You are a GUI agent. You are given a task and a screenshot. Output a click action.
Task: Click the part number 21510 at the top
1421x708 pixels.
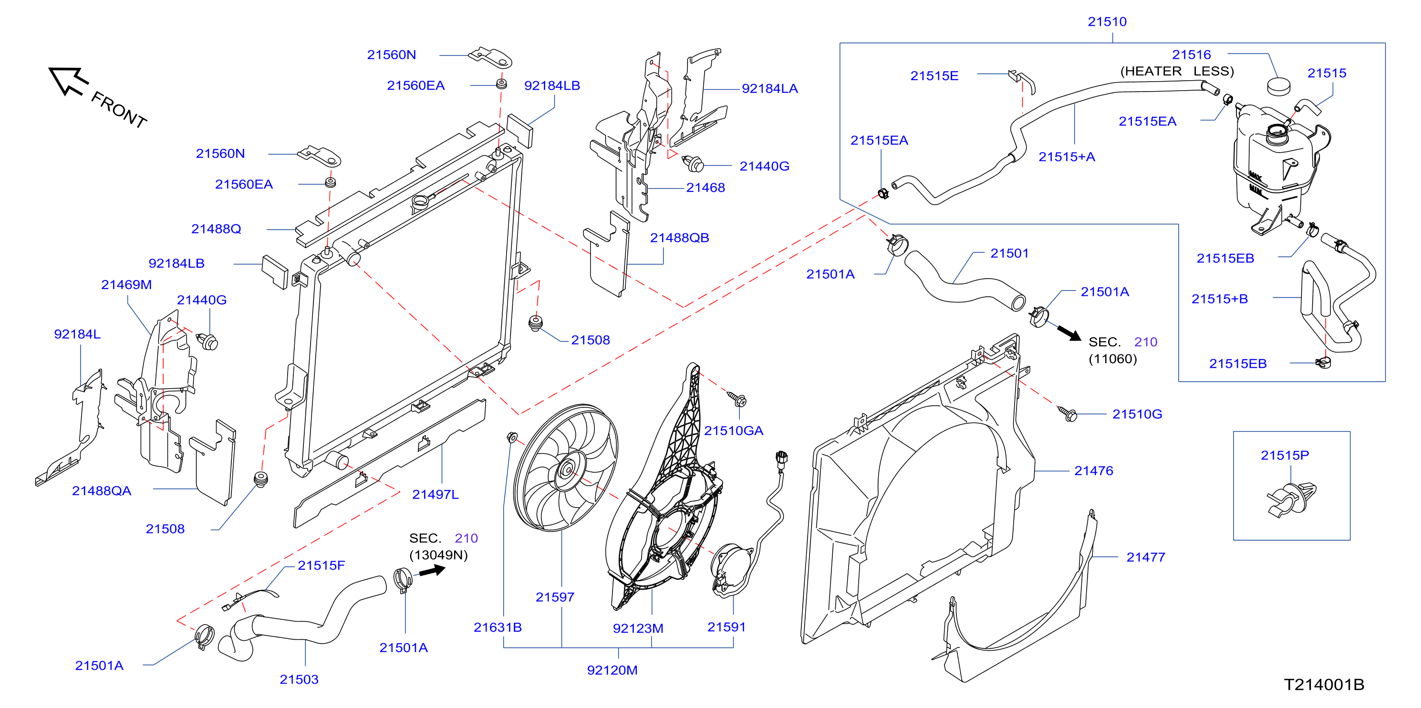point(1107,21)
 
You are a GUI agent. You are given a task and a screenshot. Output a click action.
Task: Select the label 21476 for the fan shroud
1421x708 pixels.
point(1093,471)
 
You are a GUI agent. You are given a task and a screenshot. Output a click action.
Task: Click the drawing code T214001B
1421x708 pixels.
point(1324,684)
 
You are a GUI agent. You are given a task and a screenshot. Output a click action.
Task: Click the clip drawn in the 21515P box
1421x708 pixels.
point(1291,500)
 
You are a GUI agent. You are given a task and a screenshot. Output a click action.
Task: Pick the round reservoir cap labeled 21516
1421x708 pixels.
point(1279,86)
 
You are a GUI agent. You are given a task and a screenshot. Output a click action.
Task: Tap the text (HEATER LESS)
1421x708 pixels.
point(1177,71)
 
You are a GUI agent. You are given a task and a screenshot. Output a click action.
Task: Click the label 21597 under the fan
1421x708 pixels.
point(555,597)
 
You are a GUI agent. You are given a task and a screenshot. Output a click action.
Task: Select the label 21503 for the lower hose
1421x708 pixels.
point(299,679)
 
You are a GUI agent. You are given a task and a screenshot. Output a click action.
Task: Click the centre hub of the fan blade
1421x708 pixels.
point(567,471)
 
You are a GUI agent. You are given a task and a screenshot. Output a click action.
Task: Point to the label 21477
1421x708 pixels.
point(1146,557)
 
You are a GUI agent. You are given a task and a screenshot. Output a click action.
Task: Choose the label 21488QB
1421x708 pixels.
point(679,238)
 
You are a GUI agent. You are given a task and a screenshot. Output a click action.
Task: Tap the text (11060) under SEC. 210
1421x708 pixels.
point(1113,359)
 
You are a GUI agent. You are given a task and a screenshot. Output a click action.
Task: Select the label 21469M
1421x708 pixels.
point(126,285)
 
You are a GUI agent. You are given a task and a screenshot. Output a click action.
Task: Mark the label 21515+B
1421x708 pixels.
point(1220,299)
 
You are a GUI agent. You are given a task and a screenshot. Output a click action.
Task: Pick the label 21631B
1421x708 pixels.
point(498,627)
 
